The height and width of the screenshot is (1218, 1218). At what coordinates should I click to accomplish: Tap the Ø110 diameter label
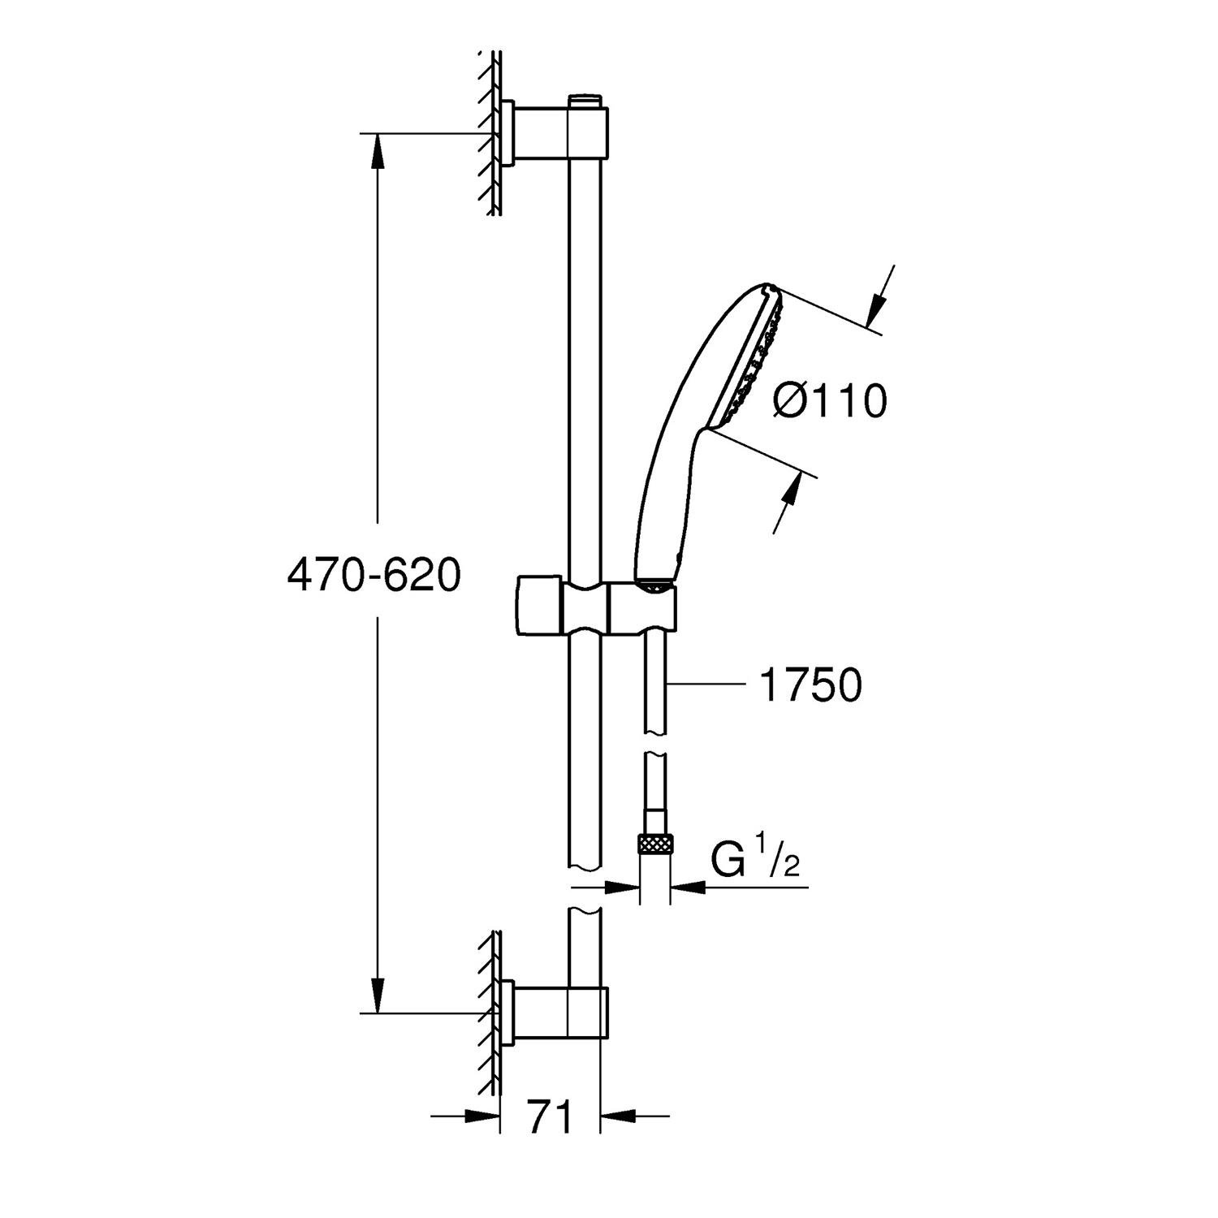(x=829, y=401)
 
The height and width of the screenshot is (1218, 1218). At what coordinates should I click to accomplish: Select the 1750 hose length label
(x=810, y=686)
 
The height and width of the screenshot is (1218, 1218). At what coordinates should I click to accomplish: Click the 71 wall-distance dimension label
(x=550, y=1116)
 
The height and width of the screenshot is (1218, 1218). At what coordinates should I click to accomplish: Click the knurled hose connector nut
(x=654, y=844)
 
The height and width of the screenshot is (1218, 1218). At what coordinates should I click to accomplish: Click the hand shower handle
(x=670, y=503)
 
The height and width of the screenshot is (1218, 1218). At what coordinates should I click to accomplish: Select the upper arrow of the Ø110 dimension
(x=878, y=309)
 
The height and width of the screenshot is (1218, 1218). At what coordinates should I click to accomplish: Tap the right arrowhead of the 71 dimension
(x=617, y=1116)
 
